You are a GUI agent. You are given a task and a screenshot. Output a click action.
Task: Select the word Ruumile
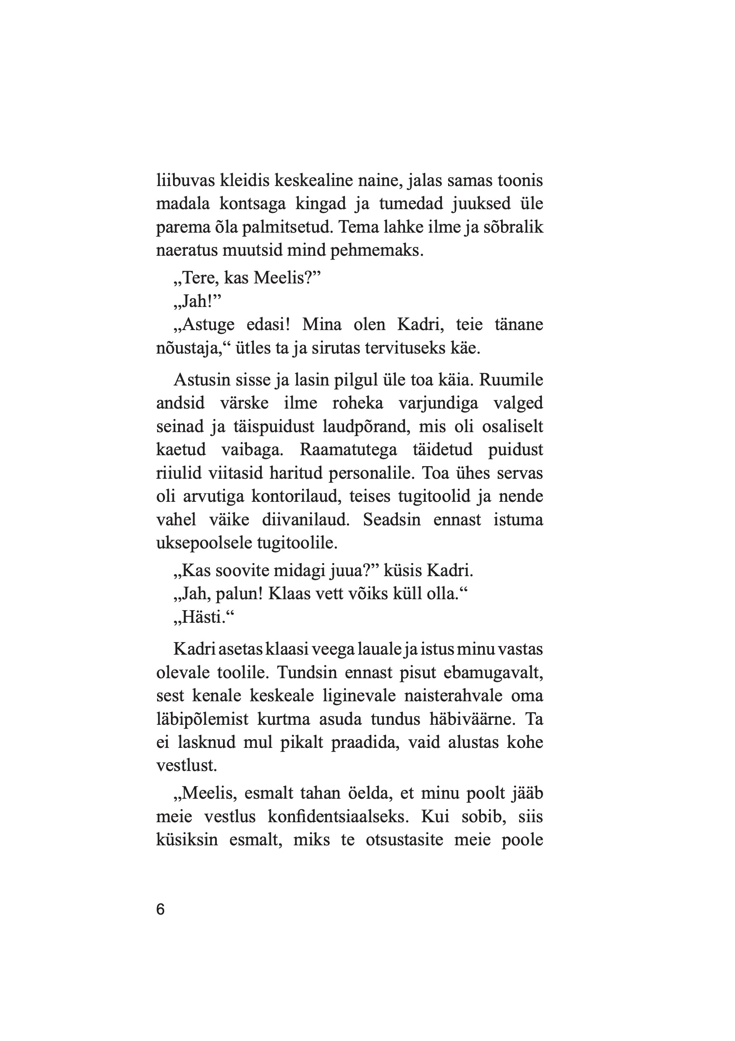click(511, 380)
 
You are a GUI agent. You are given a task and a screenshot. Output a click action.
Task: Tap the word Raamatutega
click(348, 450)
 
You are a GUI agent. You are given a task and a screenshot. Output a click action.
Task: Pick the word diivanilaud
click(306, 519)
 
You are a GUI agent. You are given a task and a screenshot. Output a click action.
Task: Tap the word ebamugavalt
click(493, 672)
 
